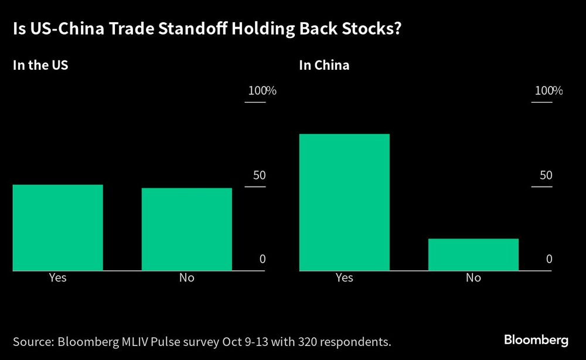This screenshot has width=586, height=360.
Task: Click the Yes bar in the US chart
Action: (57, 227)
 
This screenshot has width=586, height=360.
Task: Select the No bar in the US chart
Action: (186, 229)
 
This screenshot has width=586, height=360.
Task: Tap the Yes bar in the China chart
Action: (344, 202)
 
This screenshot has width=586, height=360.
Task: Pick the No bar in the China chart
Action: (473, 254)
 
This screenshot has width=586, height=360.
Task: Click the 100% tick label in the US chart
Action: (262, 91)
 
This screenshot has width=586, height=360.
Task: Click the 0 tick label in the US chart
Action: (263, 259)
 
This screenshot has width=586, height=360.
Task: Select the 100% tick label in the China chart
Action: (548, 91)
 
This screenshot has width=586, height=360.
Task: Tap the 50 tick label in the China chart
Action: (546, 175)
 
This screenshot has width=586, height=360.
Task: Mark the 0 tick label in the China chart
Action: (549, 259)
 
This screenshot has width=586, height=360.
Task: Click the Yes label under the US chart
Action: (57, 277)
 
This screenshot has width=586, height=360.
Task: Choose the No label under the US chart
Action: (186, 277)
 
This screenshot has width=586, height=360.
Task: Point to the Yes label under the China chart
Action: (344, 277)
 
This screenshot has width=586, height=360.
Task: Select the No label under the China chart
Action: (473, 277)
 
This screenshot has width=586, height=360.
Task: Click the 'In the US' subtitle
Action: (40, 65)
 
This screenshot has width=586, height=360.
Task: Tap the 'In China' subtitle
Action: (324, 65)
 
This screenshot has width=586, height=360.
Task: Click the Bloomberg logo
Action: (536, 340)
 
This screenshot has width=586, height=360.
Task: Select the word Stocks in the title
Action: (373, 29)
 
